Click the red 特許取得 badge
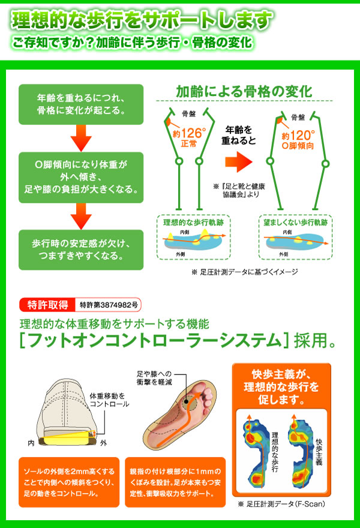coord(47,304)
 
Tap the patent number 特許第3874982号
coord(109,304)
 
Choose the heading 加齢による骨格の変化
coord(244,92)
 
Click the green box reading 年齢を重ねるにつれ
coord(81,103)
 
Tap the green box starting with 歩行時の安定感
coord(81,249)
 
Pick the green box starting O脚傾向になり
coord(81,176)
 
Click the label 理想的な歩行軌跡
coord(186,222)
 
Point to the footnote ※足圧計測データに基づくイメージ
coord(244,271)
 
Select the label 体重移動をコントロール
coord(109,400)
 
